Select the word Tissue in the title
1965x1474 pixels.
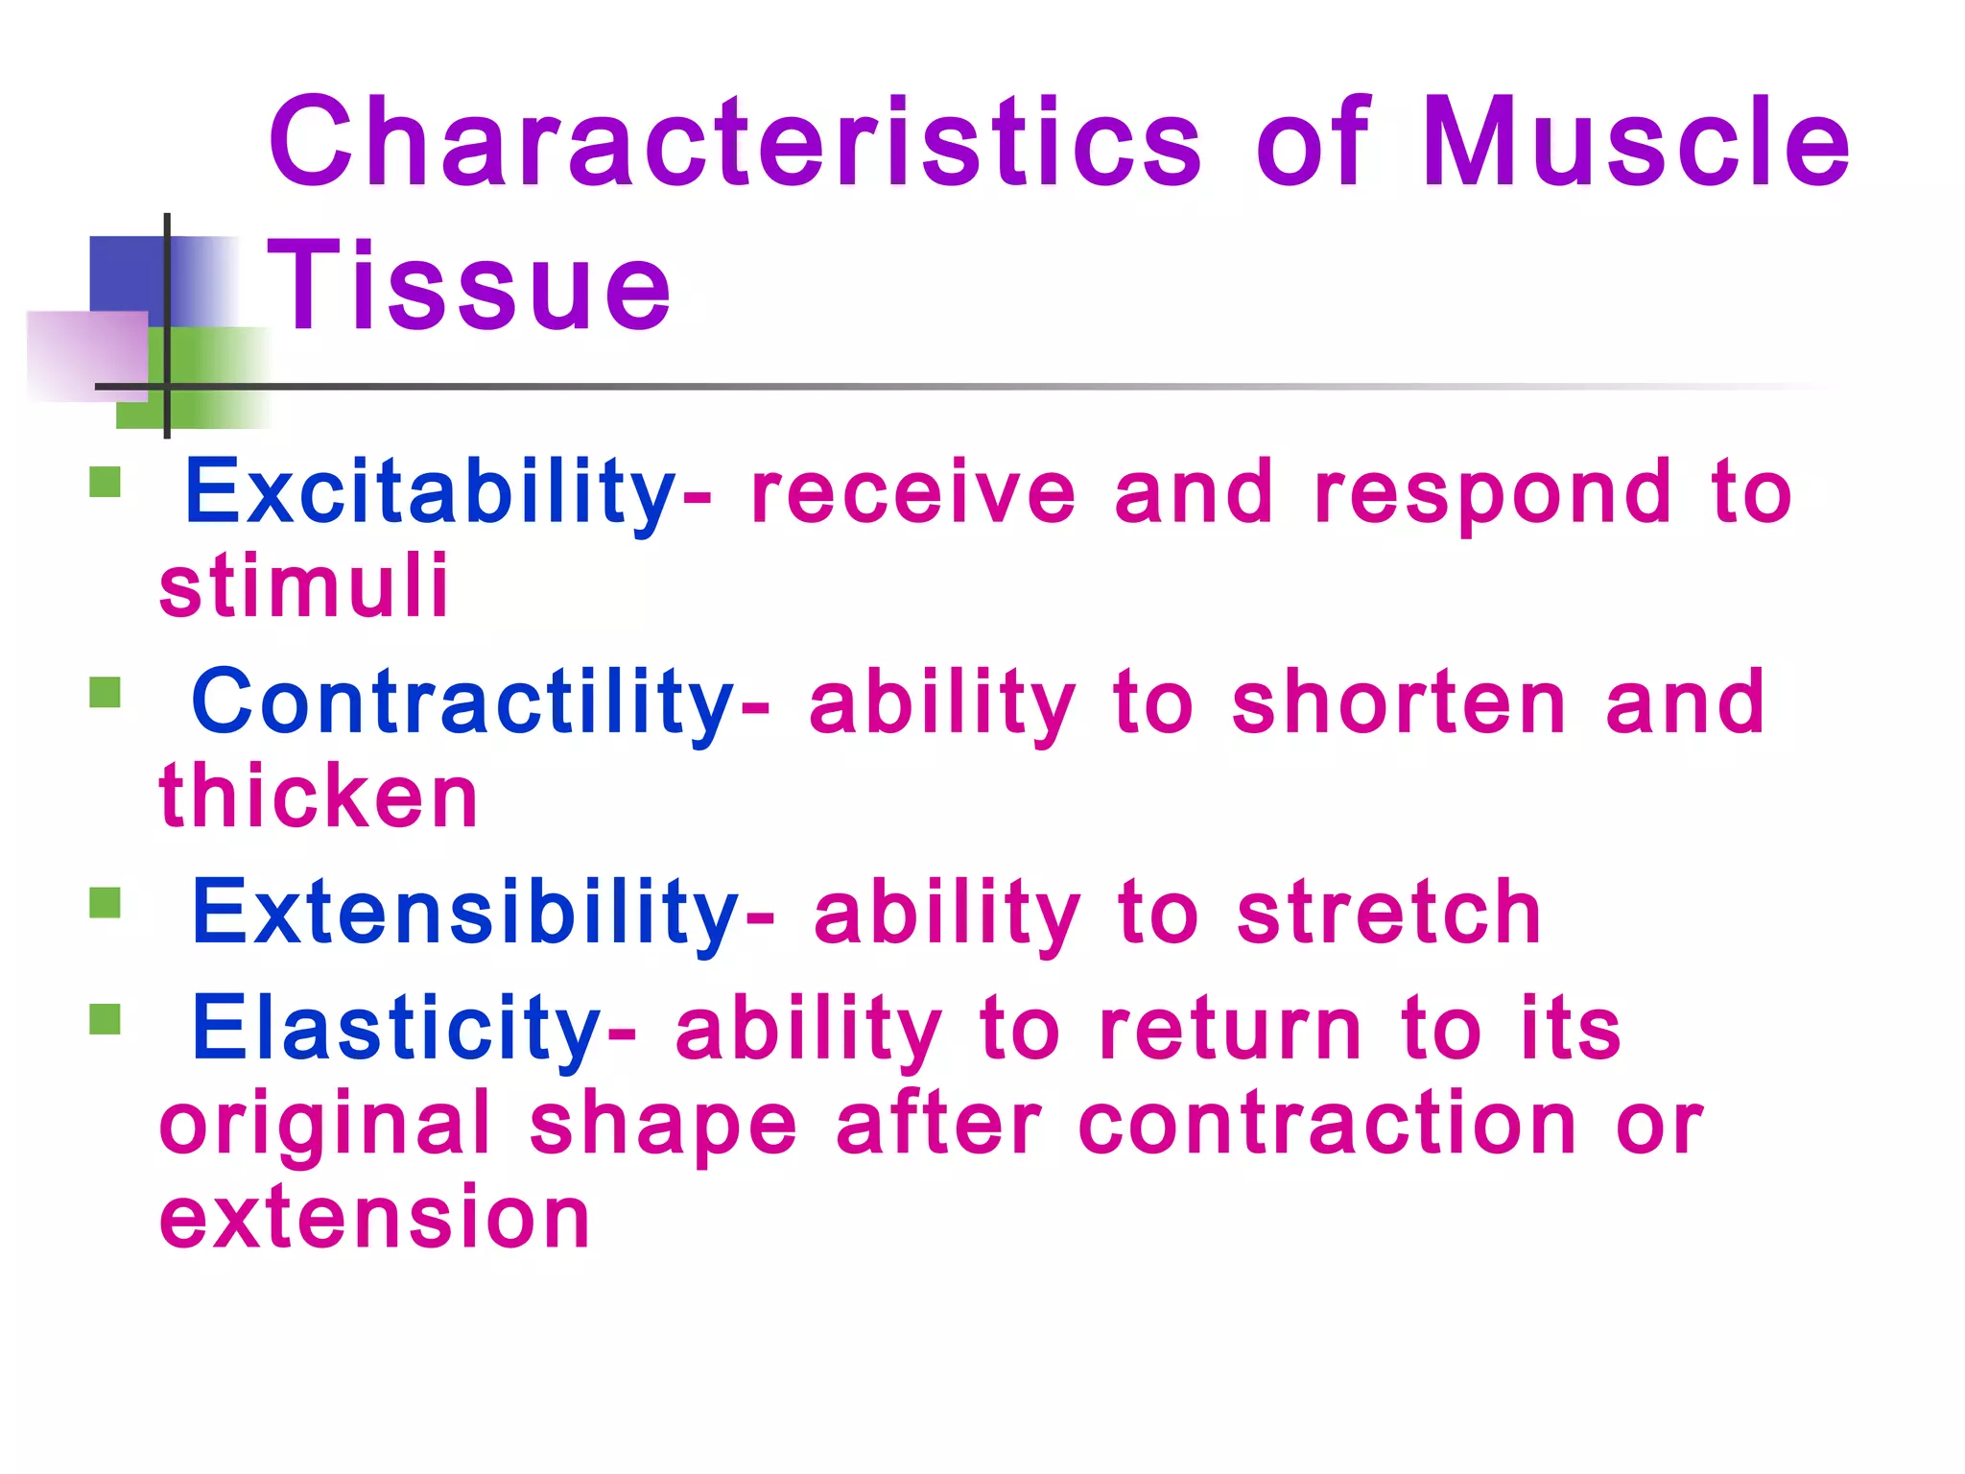tap(468, 286)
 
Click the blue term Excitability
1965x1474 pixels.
tap(430, 493)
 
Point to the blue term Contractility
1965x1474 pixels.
tap(462, 703)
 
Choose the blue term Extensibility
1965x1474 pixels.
tap(464, 913)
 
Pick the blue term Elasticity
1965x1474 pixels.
tap(396, 1029)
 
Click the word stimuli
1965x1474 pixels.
tap(303, 585)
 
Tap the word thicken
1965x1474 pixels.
tap(318, 796)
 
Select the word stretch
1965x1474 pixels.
tap(1388, 913)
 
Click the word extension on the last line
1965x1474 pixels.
tap(374, 1219)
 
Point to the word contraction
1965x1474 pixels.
tap(1328, 1125)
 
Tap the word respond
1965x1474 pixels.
tap(1493, 493)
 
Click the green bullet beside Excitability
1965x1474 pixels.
tap(105, 482)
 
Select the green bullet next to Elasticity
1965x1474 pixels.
tap(105, 1019)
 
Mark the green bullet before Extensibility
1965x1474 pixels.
tap(105, 903)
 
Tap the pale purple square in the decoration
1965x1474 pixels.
tap(86, 355)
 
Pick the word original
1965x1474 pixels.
tap(325, 1125)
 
